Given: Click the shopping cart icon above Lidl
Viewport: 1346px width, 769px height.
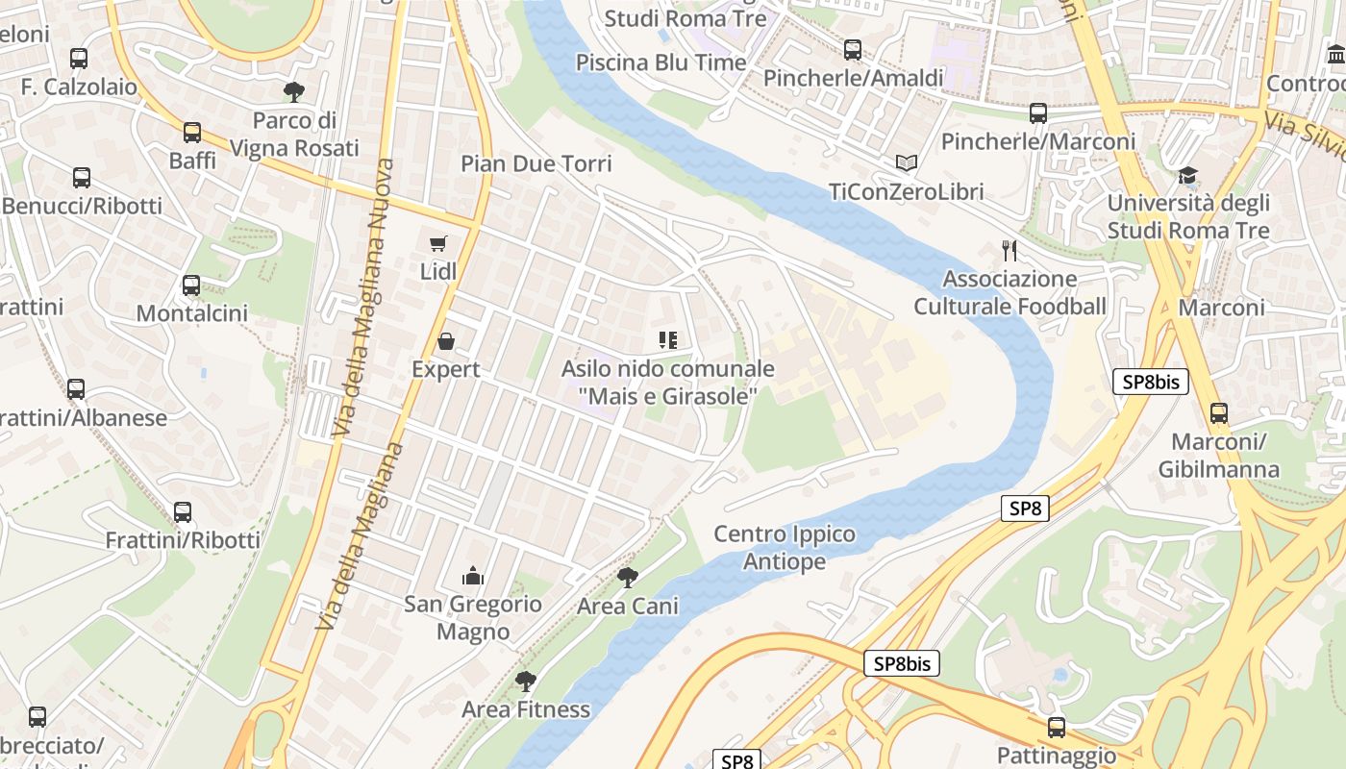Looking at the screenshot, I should click(438, 243).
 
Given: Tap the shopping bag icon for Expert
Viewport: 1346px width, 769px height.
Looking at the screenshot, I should click(446, 341).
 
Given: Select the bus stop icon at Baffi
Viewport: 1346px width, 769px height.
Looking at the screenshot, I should click(192, 132).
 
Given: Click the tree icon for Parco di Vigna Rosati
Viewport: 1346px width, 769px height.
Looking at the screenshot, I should click(294, 92).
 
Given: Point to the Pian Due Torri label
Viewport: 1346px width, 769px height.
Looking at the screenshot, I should click(536, 163).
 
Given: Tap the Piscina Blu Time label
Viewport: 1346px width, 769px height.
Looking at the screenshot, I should click(661, 62).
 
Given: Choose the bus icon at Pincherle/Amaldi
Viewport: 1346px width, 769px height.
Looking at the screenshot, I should click(853, 50).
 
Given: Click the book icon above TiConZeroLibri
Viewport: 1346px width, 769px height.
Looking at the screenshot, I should click(907, 163).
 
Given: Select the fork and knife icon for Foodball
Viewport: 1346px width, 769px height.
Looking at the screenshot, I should click(1009, 251).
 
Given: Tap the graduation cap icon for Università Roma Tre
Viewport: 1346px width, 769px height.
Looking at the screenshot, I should click(1188, 175).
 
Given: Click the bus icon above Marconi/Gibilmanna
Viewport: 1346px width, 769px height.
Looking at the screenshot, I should click(1218, 413).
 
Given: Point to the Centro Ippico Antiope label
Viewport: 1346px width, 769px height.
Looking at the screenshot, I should click(785, 547).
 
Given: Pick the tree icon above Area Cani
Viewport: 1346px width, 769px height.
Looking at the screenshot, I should click(628, 578).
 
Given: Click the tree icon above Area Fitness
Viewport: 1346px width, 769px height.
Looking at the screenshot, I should click(525, 682).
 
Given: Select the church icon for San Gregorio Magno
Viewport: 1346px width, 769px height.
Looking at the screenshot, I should click(472, 576).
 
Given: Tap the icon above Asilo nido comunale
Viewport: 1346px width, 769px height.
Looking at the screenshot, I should click(667, 339).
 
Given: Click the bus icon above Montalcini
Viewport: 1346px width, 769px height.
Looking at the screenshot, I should click(191, 285).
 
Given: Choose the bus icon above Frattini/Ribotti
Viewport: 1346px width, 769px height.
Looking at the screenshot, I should click(183, 512).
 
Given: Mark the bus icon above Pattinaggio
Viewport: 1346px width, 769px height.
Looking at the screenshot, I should click(1057, 727).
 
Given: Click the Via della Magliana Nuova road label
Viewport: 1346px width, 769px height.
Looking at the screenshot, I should click(362, 298).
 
